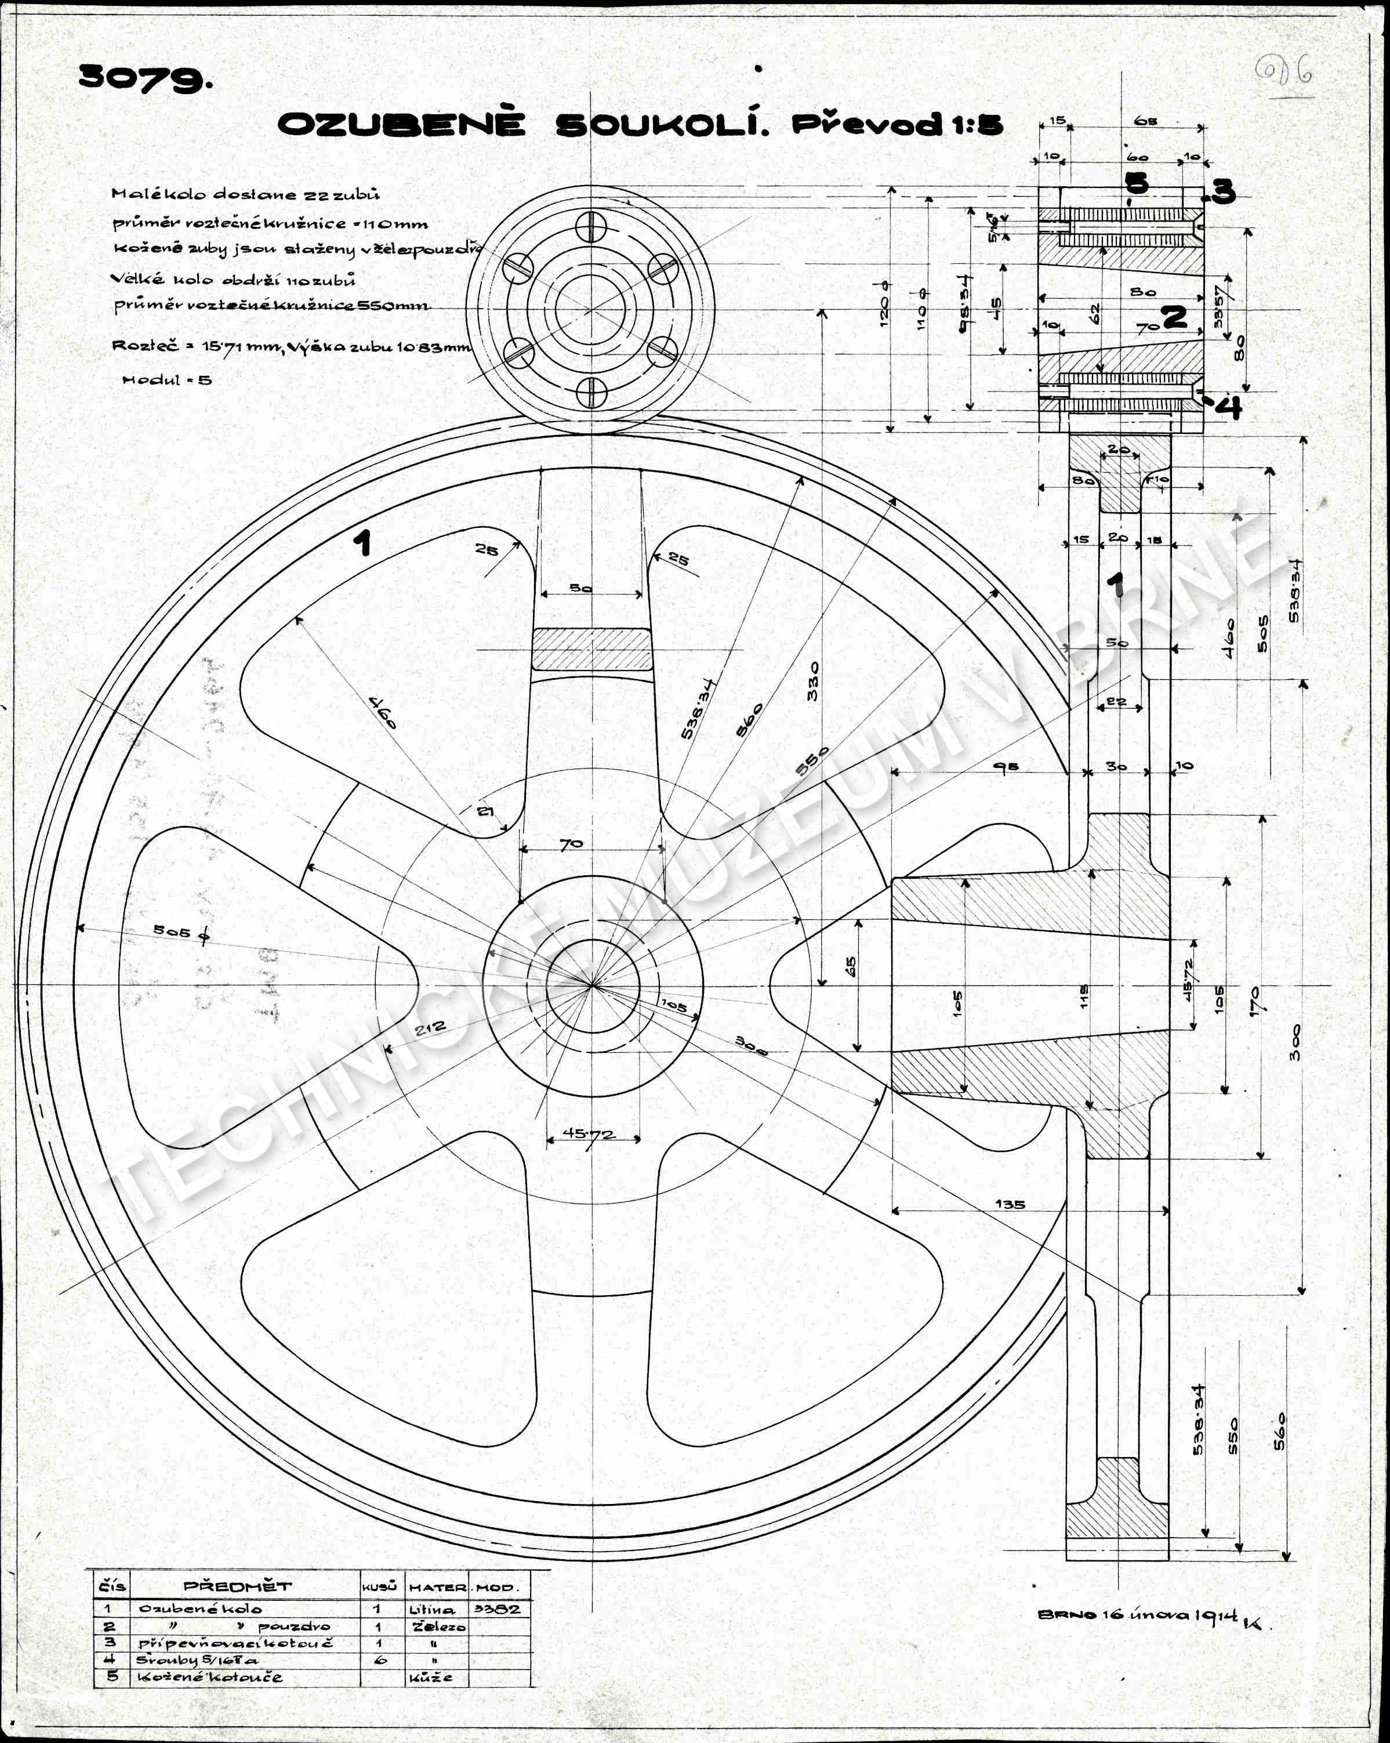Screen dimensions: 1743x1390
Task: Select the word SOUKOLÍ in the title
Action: (661, 125)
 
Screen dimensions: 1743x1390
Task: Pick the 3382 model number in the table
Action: (498, 1609)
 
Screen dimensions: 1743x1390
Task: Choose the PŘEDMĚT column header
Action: (238, 1586)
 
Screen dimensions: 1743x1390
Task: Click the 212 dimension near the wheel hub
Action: (430, 1029)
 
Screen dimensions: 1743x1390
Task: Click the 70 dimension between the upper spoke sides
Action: (571, 844)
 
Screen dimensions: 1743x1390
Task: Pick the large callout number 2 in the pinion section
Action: (1174, 316)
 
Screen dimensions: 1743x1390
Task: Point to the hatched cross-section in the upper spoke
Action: (591, 649)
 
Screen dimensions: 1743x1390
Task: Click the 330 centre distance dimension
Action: (812, 681)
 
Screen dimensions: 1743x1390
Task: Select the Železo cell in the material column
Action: (438, 1626)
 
